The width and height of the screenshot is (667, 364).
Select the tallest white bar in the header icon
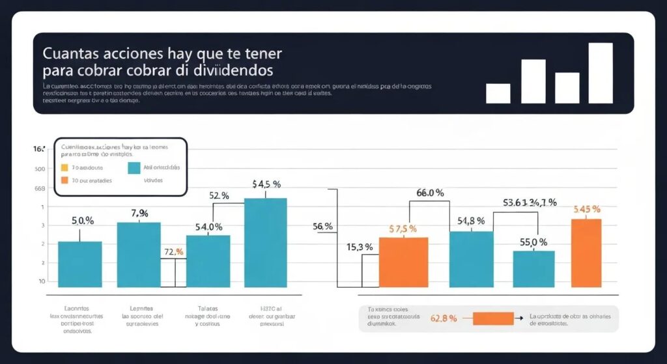[600, 73]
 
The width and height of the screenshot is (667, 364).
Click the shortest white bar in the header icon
[498, 93]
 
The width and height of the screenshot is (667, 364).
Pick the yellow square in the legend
[64, 167]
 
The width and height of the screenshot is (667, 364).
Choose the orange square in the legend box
[64, 180]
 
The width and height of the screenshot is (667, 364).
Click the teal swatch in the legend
[134, 168]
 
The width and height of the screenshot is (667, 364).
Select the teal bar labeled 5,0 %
[80, 264]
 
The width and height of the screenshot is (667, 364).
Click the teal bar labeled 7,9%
[139, 255]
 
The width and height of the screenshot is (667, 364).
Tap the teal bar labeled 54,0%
[208, 260]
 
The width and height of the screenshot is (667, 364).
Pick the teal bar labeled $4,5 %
[265, 242]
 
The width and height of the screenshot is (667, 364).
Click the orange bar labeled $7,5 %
[403, 262]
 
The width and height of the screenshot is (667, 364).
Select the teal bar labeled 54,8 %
[471, 259]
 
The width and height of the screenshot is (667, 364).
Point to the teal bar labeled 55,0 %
[533, 268]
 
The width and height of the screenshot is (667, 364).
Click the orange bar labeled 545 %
[586, 253]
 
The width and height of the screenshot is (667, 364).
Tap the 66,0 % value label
[430, 193]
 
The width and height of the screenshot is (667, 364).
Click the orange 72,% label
[174, 251]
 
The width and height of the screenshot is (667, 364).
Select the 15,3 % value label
[360, 247]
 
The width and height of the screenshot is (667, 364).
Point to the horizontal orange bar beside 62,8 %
[493, 318]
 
